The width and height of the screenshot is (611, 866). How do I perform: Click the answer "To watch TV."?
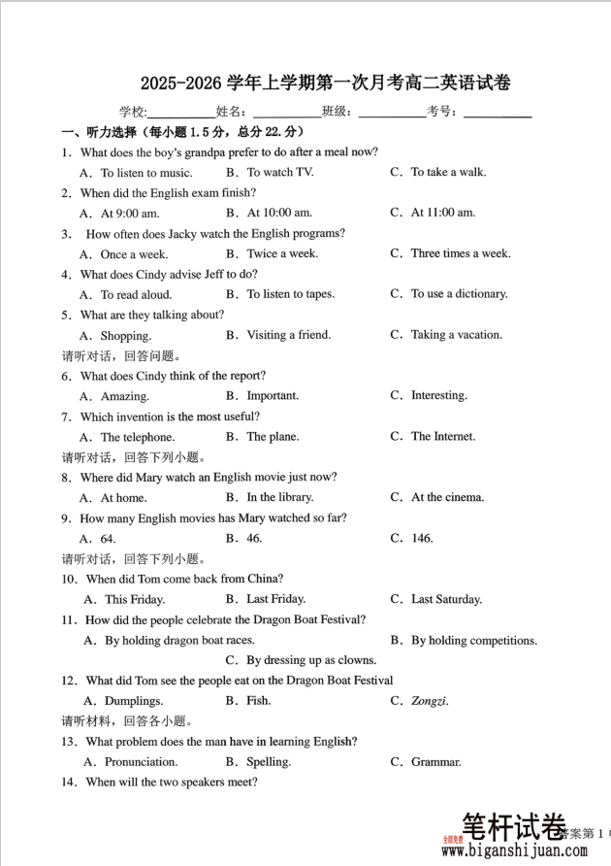pos(279,173)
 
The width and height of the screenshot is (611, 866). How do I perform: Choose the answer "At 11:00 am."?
pos(442,213)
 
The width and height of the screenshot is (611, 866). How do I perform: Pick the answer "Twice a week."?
pos(281,253)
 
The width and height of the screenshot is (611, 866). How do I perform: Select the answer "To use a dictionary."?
pos(459,294)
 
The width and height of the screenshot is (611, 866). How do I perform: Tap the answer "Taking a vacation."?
pos(456,335)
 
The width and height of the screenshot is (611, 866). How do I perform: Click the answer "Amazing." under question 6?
pos(124,396)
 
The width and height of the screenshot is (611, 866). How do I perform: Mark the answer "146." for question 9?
pos(422,539)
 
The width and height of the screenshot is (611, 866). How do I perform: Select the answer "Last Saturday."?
pos(446,600)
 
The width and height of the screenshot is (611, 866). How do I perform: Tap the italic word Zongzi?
pos(429,701)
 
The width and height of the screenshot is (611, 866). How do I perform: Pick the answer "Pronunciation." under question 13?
pos(141,762)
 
